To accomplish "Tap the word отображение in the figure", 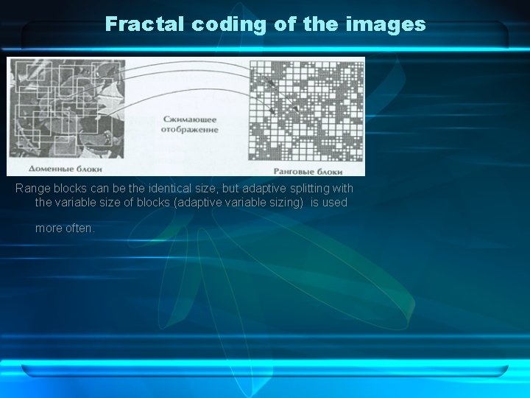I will [189, 130].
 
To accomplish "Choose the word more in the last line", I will [49, 228].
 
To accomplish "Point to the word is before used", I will [314, 202].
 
